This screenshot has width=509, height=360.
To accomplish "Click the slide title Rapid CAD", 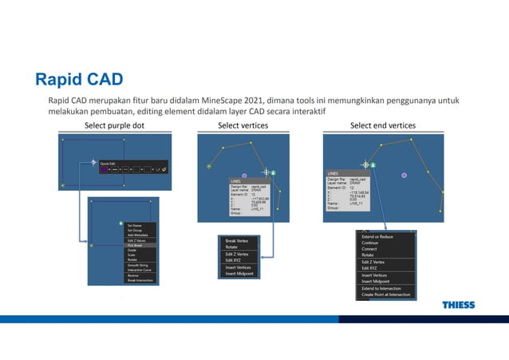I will coord(78,79).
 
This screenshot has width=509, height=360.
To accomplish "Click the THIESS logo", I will coord(458,305).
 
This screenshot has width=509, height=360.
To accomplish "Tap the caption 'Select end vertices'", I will coord(383,125).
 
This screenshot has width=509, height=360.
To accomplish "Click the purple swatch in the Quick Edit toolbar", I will coord(103,169).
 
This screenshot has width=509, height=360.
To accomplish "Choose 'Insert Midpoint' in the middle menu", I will coord(240,274).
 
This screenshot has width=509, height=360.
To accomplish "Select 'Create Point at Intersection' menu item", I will coord(386,295).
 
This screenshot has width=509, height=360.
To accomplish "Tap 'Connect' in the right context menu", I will coord(370,249).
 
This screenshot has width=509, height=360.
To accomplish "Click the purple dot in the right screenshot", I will coord(404,175).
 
